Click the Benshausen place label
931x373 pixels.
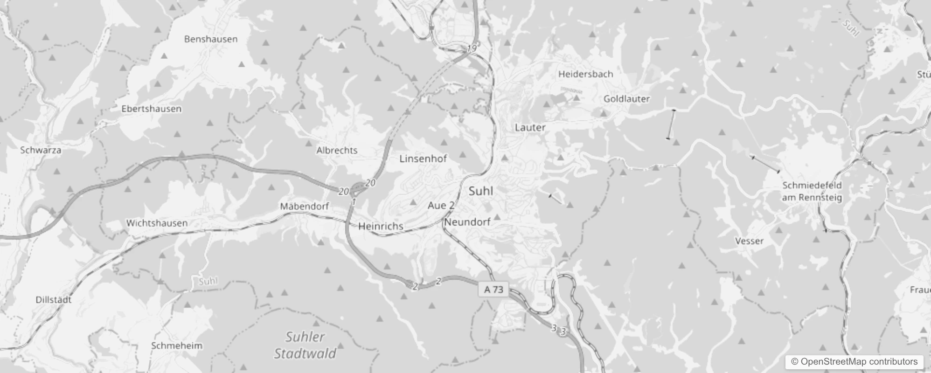coord(211,39)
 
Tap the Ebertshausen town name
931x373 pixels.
coord(151,109)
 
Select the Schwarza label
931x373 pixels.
coord(41,150)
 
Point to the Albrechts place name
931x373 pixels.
coord(337,150)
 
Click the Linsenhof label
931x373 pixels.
coord(423,159)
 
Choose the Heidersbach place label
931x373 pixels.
coord(585,74)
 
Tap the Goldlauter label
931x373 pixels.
coord(626,99)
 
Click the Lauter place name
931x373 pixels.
coord(530,127)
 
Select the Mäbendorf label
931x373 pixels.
coord(304,206)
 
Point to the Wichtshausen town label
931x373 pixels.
coord(157,223)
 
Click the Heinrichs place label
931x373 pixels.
coord(381,226)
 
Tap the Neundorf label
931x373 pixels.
coord(467,222)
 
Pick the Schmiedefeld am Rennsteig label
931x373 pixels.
coord(812,192)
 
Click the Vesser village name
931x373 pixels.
coord(749,241)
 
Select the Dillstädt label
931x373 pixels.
coord(54,300)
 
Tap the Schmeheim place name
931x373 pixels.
coord(177,345)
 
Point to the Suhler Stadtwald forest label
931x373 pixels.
coord(305,345)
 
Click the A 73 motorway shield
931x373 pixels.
coord(493,290)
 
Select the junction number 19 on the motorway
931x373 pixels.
coord(472,48)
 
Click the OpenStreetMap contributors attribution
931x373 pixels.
coord(854,362)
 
